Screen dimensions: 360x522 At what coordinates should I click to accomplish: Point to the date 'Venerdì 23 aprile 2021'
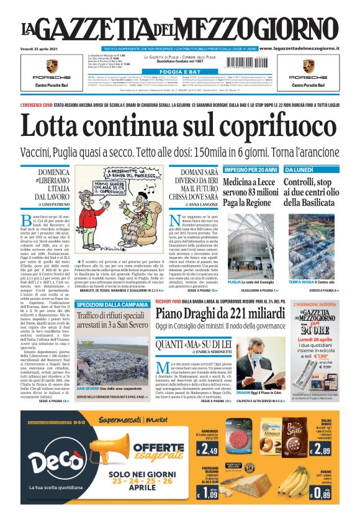tap(42, 48)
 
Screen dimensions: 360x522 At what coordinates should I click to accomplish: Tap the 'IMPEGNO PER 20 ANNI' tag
tap(250, 169)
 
